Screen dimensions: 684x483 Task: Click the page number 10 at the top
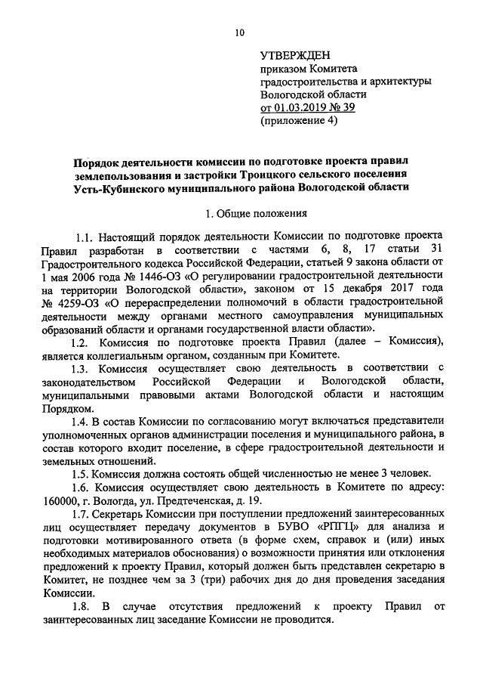pyautogui.click(x=240, y=32)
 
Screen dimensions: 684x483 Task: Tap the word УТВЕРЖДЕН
pyautogui.click(x=297, y=55)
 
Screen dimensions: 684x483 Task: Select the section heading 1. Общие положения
pyautogui.click(x=241, y=214)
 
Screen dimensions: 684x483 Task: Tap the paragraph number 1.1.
pyautogui.click(x=88, y=240)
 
